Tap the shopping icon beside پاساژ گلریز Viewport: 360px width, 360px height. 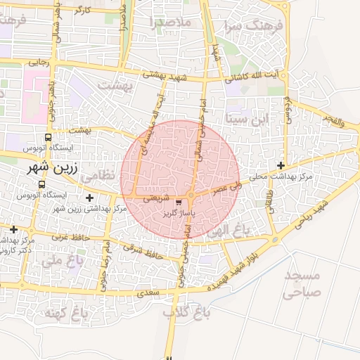[x=168, y=202]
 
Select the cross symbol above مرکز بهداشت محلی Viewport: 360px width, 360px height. [x=281, y=165]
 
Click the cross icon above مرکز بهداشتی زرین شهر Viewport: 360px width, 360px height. [x=89, y=198]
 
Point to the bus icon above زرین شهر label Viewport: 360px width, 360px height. [x=47, y=138]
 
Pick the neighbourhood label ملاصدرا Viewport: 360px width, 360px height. [x=170, y=23]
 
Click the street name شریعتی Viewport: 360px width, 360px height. [x=156, y=198]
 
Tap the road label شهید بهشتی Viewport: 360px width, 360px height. [x=163, y=74]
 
